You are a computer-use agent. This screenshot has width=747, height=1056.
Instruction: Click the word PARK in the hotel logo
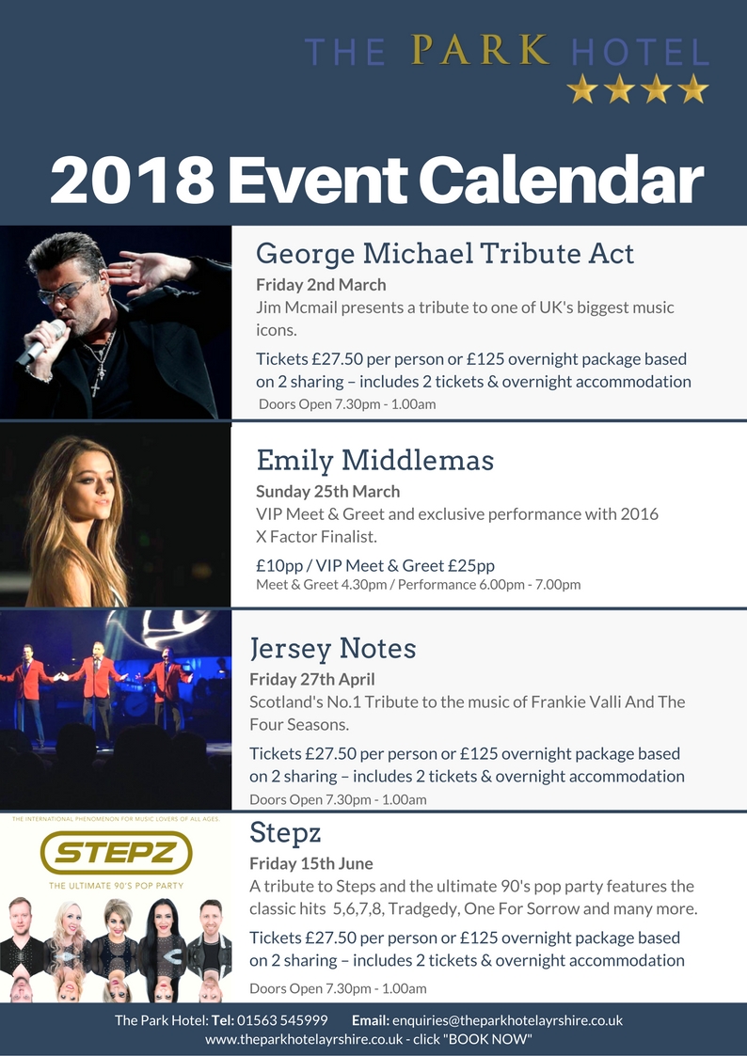pos(480,51)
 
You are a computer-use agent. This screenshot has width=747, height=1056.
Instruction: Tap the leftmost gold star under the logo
pos(582,89)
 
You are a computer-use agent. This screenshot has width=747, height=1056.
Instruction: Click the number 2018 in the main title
pos(133,180)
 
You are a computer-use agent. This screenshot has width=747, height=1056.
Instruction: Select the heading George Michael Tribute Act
pos(445,254)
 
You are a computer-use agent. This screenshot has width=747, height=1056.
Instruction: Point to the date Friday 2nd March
pos(322,285)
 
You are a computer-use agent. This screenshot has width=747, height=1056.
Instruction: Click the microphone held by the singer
pos(41,341)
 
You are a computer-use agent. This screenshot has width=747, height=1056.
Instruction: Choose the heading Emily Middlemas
pos(375,461)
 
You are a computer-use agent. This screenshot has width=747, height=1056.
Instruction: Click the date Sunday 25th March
pos(328,492)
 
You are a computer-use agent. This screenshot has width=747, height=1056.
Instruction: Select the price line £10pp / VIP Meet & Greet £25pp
pos(375,566)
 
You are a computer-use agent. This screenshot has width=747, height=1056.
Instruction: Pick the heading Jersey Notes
pos(333,649)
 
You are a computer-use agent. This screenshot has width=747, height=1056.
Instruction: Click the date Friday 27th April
pos(312,680)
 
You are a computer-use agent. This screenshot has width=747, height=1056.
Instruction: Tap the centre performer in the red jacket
pos(97,690)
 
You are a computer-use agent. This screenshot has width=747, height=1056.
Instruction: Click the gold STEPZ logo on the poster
pos(116,853)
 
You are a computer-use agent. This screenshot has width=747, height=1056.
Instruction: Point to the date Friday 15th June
pos(311,863)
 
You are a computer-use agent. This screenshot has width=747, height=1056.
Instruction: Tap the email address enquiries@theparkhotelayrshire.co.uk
pos(507,1020)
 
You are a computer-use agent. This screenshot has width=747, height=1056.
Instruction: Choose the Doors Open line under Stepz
pos(338,988)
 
